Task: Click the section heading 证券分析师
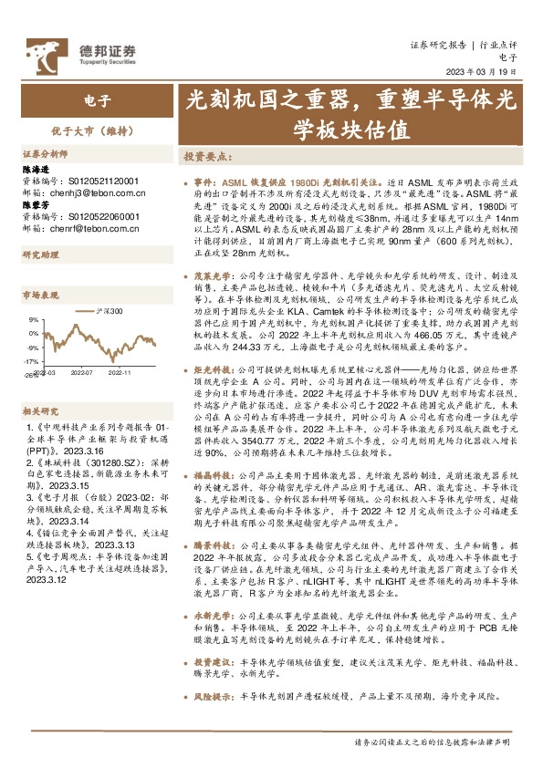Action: click(46, 154)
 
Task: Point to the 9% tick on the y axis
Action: click(35, 320)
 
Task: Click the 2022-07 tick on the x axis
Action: click(84, 372)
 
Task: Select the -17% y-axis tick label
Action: click(32, 361)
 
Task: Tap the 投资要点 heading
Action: click(208, 156)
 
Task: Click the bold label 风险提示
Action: click(211, 695)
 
